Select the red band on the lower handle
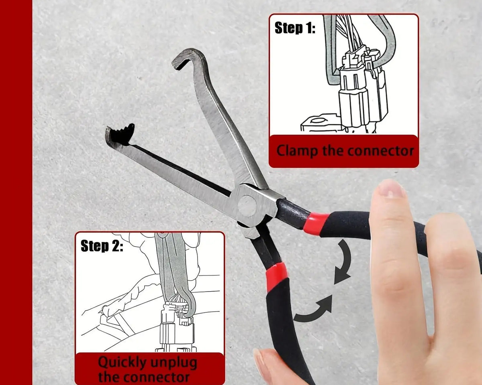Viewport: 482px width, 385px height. [x=277, y=277]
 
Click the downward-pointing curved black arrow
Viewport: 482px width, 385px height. [x=343, y=262]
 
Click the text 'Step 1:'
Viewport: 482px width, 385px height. [x=295, y=28]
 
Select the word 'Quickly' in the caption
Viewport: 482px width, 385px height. [x=122, y=363]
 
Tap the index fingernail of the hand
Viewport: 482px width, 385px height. [x=390, y=188]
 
